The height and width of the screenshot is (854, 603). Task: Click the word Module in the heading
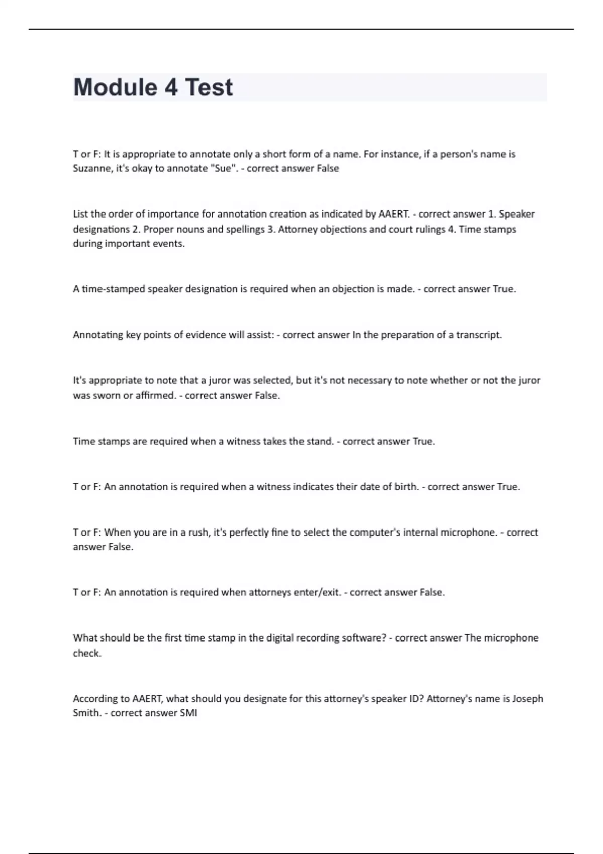(x=115, y=87)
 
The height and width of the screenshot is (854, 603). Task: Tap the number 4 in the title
(x=171, y=87)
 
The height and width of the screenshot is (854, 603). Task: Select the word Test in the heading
(x=209, y=87)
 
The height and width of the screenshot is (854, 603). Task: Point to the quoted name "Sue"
(x=226, y=169)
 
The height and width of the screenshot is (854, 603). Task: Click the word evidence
(x=207, y=335)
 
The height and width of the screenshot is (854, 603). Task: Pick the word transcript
(x=479, y=335)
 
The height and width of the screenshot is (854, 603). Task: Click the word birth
(x=407, y=487)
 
